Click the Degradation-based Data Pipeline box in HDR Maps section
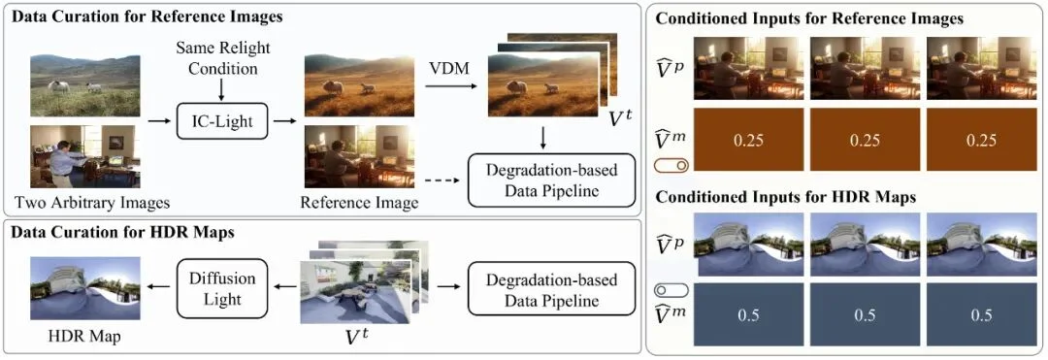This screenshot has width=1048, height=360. coord(542,288)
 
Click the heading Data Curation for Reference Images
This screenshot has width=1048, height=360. coord(145,16)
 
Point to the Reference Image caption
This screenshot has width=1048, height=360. coord(360,203)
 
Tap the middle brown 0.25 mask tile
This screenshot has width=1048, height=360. coord(864,140)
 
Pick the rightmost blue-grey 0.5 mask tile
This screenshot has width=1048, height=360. coord(982,315)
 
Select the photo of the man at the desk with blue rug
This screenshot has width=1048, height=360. coord(85,155)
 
